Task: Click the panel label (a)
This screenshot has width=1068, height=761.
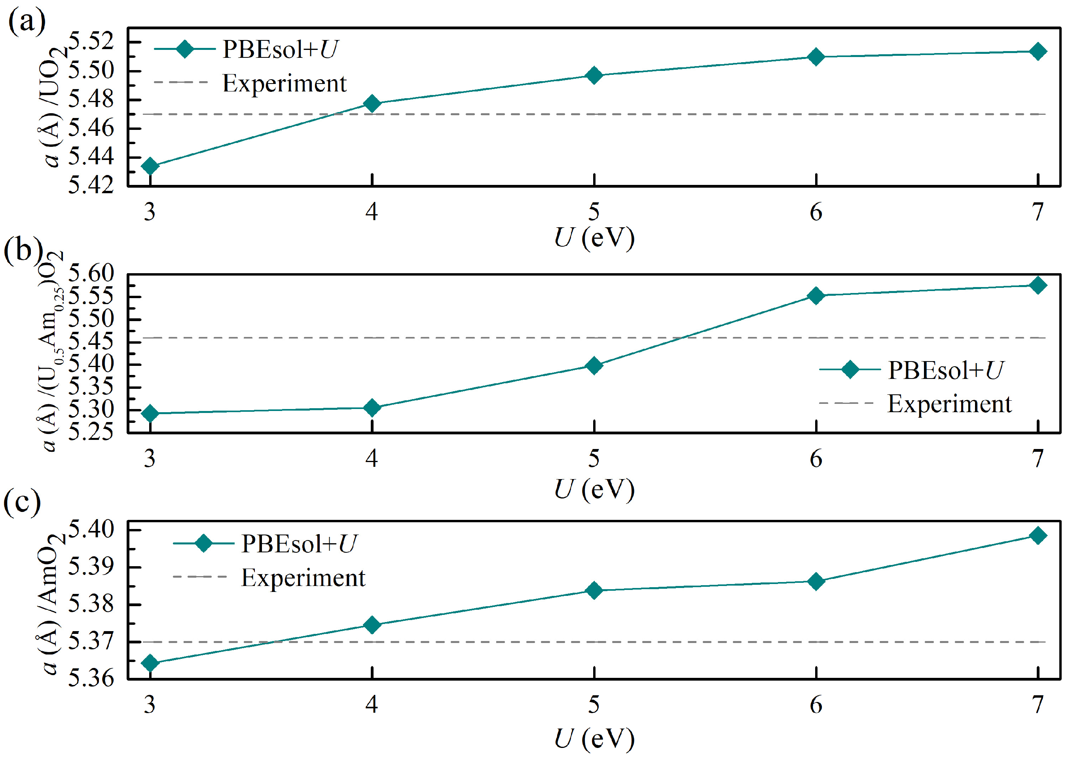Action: tap(27, 21)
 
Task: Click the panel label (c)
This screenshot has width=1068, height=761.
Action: tap(22, 502)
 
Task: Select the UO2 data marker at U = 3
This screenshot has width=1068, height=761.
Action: tap(150, 166)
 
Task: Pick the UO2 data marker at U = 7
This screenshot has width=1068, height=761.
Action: tap(1038, 51)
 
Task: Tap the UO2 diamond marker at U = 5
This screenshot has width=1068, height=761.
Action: tap(594, 75)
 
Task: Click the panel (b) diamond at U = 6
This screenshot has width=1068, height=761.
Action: tap(816, 296)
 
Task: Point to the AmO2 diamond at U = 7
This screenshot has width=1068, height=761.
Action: tap(1038, 535)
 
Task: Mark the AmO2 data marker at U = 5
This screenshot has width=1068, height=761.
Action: tap(594, 590)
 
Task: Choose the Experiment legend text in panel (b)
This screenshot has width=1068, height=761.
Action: tap(949, 404)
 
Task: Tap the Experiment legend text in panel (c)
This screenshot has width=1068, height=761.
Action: tap(303, 578)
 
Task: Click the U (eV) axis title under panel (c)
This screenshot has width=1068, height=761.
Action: tap(594, 739)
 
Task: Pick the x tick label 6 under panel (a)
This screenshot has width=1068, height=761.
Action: tap(816, 213)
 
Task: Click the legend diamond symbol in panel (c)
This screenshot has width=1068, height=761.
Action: tap(204, 544)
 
